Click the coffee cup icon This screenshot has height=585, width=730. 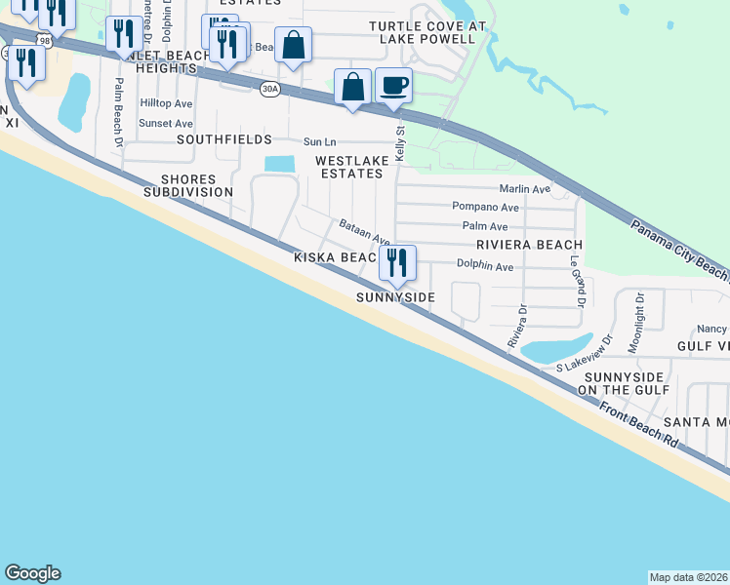(x=393, y=85)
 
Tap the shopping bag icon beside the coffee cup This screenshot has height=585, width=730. (x=352, y=87)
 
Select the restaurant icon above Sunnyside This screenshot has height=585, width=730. (x=397, y=262)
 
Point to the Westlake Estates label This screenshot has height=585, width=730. (x=348, y=166)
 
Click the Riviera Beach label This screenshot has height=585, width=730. (x=529, y=246)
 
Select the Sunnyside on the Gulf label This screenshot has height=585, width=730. (x=621, y=383)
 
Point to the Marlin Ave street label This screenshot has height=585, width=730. (x=524, y=188)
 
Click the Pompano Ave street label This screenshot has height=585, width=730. (x=485, y=207)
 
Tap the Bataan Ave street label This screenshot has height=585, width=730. (x=364, y=232)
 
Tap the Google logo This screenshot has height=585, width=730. (x=32, y=573)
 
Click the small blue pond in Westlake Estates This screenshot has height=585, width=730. (x=279, y=165)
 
